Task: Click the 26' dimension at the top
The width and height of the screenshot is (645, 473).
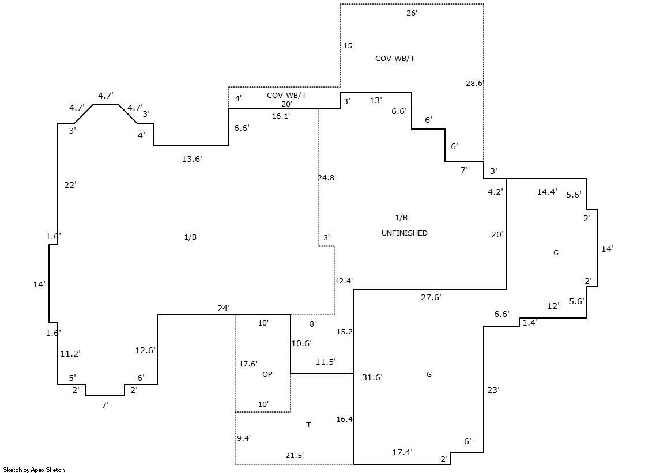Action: click(x=412, y=13)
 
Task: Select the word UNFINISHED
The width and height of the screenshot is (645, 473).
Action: click(x=405, y=233)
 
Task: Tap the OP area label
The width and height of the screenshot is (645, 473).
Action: click(x=267, y=374)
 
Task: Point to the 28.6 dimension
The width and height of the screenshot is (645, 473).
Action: click(x=474, y=84)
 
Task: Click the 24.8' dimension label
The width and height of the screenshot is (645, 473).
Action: click(x=327, y=177)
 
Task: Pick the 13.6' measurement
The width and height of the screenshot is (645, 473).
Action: click(x=192, y=159)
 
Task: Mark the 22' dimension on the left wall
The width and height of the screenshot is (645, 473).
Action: click(x=70, y=185)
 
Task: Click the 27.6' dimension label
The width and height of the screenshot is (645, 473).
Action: click(x=431, y=297)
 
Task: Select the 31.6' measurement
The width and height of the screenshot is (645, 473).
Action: click(x=372, y=377)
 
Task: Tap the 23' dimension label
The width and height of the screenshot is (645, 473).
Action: click(x=493, y=390)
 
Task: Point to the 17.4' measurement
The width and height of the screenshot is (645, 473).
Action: click(x=402, y=452)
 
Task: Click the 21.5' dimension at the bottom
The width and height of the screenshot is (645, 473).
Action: click(x=295, y=455)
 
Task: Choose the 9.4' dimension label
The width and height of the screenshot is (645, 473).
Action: click(x=244, y=438)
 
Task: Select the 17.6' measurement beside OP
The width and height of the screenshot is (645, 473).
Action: click(x=248, y=364)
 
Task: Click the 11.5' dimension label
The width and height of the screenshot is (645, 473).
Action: click(x=326, y=362)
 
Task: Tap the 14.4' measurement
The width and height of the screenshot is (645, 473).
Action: click(x=547, y=192)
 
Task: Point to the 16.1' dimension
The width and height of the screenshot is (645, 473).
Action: click(x=281, y=116)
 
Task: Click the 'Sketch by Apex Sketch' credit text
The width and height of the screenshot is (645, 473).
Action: click(x=34, y=470)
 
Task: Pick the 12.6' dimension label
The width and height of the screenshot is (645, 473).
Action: click(x=146, y=350)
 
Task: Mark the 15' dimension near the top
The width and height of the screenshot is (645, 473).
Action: click(x=348, y=46)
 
